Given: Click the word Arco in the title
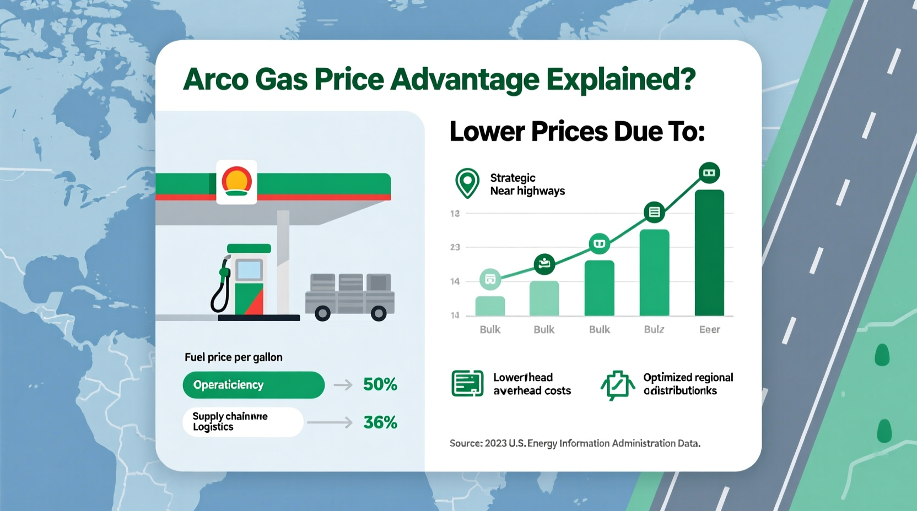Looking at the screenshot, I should pos(215,79).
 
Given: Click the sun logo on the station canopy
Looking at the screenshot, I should pos(236,181).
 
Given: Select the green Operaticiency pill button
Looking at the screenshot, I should pos(253,384).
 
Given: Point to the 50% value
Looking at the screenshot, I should pos(380,384).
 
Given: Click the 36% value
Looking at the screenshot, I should pos(380,422).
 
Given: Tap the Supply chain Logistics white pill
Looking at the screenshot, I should pos(242,422).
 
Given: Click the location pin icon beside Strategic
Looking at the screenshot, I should pos(467,183).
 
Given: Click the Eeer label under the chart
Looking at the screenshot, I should pos(709,329).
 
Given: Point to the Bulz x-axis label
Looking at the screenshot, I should pos(654,329).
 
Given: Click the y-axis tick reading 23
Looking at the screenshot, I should pos(455,247).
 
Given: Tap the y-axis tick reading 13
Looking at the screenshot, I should pos(455,213).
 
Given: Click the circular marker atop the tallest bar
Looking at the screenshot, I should pos(709,173).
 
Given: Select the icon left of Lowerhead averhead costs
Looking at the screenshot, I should pos(467,383).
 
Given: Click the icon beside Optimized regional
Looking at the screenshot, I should pos(617,384).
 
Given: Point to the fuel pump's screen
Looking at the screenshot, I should pos(249,270).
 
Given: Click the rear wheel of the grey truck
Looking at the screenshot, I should pos(378,314).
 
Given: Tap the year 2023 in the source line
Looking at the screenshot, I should pos(495,443).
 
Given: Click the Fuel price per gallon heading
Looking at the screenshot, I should pos(233,357).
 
